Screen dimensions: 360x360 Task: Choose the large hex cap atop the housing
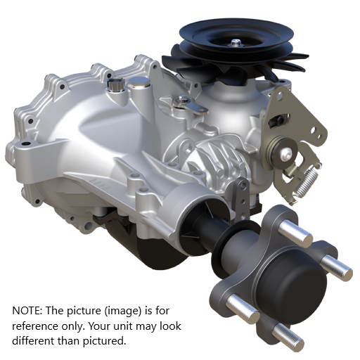[x=140, y=85]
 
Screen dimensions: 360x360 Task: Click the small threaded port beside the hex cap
[x=114, y=86]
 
